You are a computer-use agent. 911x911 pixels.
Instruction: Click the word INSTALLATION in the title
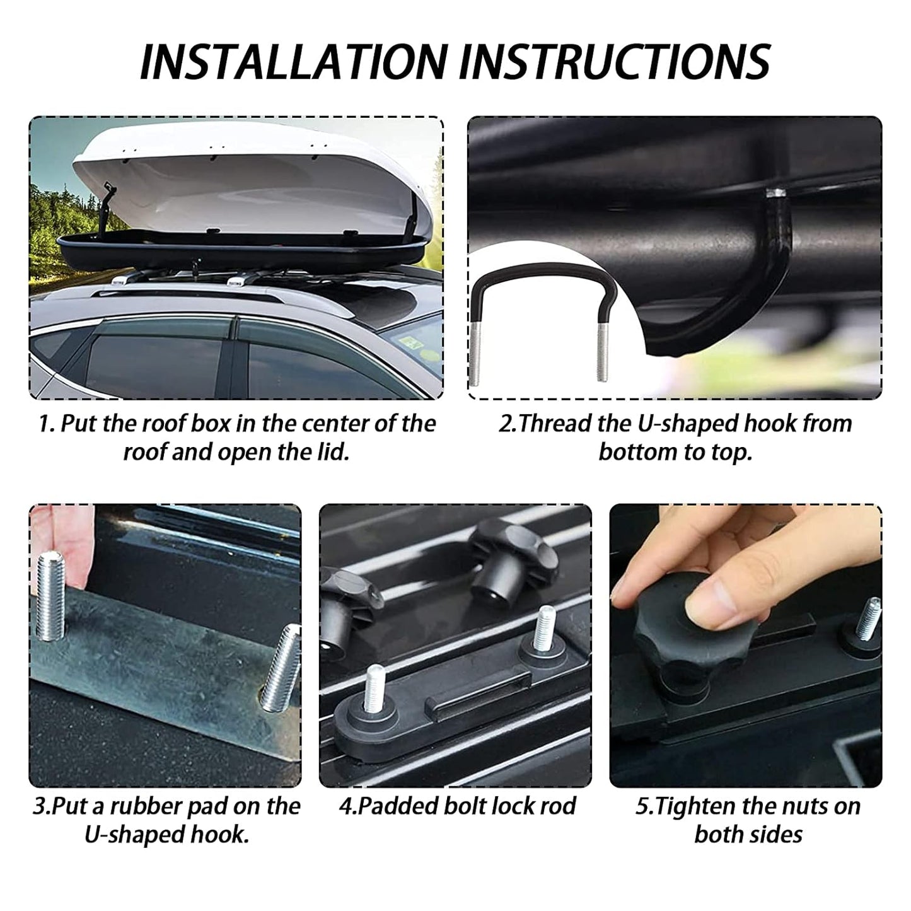294,61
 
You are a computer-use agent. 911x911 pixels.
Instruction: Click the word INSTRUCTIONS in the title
615,61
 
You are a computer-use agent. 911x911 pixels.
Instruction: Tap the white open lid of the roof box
253,182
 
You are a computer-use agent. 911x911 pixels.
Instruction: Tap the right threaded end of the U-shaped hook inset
602,352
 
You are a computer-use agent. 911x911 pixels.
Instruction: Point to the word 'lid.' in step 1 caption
332,452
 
